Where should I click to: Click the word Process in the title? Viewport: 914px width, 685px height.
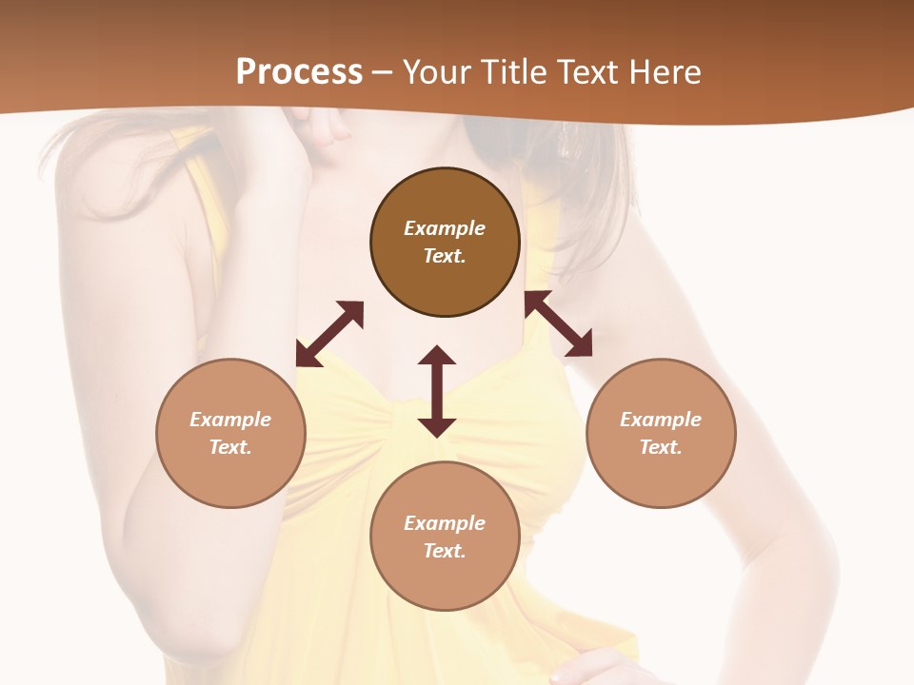click(299, 71)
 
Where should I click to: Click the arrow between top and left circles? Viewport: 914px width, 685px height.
click(329, 334)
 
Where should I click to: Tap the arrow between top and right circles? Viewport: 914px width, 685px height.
click(559, 324)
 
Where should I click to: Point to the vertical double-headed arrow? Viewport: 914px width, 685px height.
click(437, 391)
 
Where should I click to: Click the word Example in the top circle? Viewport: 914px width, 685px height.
click(445, 228)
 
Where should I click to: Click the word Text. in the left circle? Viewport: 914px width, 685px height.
click(230, 447)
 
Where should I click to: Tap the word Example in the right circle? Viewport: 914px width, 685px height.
click(661, 420)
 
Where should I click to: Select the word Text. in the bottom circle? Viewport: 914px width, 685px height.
click(445, 551)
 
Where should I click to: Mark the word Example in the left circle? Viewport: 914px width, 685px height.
click(230, 420)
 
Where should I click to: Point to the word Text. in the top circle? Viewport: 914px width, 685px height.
click(445, 256)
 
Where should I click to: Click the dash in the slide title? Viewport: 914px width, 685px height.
click(382, 71)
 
